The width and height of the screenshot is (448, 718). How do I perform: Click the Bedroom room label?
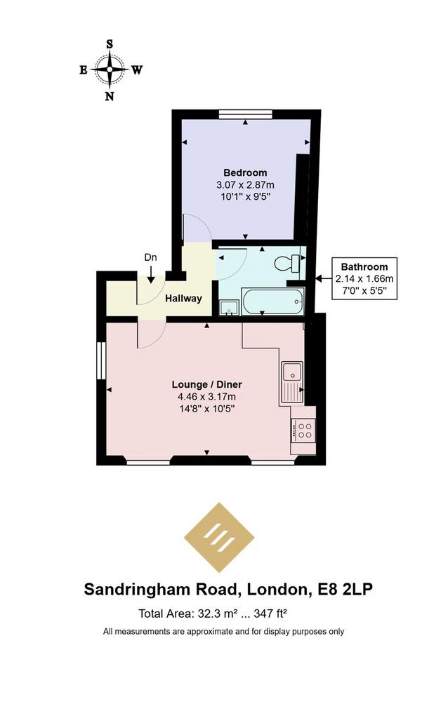click(x=245, y=172)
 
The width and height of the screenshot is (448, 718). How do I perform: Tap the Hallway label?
click(x=183, y=299)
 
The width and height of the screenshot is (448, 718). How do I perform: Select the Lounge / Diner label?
click(x=207, y=385)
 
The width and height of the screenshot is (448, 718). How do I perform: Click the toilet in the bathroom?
click(x=287, y=264)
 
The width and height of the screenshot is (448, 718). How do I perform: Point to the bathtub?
click(x=273, y=301)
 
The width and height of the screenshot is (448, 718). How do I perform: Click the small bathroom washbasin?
click(x=228, y=308)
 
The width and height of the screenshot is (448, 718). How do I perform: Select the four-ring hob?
click(x=303, y=430)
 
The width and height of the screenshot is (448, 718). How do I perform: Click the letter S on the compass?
click(x=110, y=44)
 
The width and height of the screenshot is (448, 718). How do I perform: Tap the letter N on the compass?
click(x=110, y=96)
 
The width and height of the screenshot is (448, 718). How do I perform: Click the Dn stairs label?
click(x=150, y=257)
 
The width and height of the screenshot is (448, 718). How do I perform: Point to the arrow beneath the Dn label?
click(x=150, y=274)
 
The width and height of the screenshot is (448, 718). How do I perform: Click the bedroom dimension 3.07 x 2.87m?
click(x=245, y=185)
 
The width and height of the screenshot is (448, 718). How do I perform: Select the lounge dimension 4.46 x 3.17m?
click(x=207, y=397)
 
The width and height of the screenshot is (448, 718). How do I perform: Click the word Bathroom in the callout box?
click(x=364, y=267)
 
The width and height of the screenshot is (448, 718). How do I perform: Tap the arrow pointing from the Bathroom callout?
click(x=324, y=278)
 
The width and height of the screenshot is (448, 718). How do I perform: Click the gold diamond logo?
click(x=219, y=538)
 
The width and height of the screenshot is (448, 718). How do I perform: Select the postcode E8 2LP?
click(x=345, y=589)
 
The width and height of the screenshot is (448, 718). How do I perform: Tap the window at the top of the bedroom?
click(x=245, y=114)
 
